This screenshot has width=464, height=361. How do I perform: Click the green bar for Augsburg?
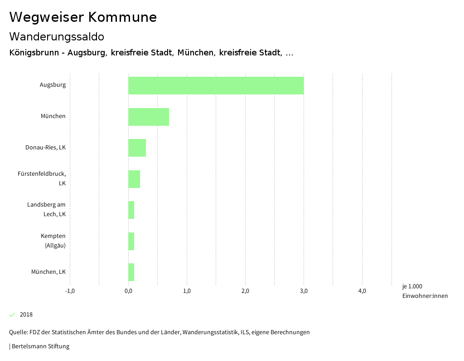[x=216, y=85]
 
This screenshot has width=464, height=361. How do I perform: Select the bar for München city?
[x=149, y=117]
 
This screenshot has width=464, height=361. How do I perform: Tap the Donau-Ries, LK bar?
[x=137, y=148]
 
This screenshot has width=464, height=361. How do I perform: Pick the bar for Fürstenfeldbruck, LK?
[x=134, y=179]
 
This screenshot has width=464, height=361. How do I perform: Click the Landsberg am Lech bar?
[x=131, y=210]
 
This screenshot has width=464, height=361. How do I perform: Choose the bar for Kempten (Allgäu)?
[x=131, y=241]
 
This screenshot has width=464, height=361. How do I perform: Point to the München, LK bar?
[x=131, y=272]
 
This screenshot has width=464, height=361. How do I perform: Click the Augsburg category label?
[x=53, y=85]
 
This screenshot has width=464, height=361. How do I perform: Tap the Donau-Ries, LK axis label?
[x=45, y=148]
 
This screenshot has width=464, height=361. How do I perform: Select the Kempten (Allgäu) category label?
[x=53, y=241]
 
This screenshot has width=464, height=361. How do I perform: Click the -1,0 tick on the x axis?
[x=70, y=291]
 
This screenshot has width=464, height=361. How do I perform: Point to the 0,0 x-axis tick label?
[x=128, y=291]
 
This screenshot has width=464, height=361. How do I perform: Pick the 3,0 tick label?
[x=304, y=291]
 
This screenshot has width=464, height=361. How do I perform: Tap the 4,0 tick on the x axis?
[x=362, y=291]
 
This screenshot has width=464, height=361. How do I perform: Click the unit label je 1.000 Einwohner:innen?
[x=424, y=291]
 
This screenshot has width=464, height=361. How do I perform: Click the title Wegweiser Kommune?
[x=83, y=17]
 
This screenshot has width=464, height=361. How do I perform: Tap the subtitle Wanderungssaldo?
[x=57, y=37]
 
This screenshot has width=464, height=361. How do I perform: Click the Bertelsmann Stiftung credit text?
[x=40, y=346]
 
